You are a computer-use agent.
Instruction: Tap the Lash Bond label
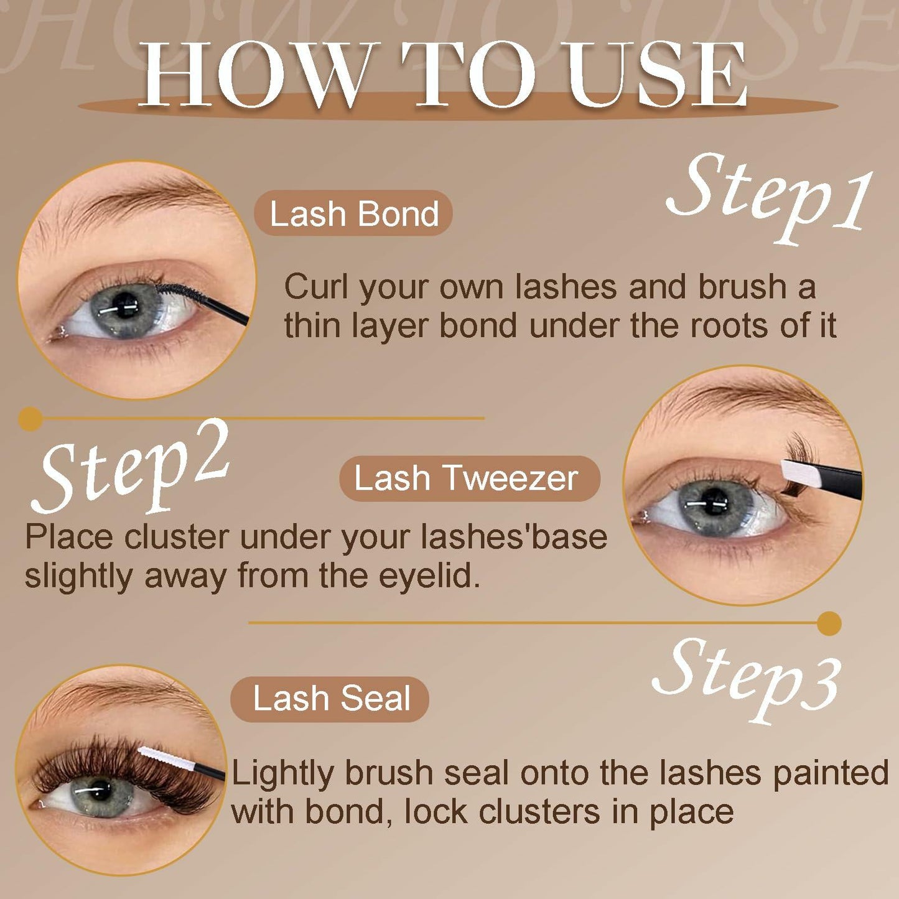tap(353, 213)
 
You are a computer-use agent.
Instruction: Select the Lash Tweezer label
tap(469, 478)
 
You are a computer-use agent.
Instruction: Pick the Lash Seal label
tap(330, 699)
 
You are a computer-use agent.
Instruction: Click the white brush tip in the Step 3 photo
tap(159, 760)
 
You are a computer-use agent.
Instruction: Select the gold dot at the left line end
tap(30, 419)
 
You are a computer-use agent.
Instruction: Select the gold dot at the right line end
tap(829, 623)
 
